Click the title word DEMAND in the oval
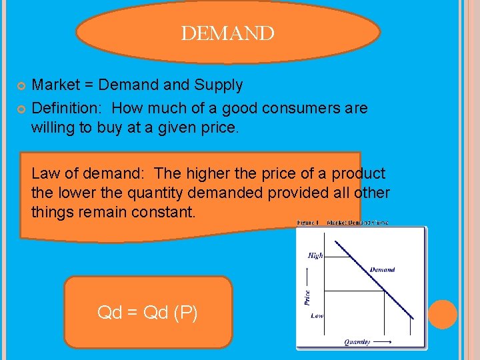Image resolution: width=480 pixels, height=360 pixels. click(227, 34)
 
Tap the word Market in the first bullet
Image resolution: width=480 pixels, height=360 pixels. click(56, 85)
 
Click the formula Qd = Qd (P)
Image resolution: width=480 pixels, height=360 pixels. click(147, 313)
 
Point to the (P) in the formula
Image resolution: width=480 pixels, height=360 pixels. click(185, 313)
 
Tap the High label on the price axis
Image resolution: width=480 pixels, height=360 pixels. click(315, 255)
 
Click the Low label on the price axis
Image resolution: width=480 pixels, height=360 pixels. click(317, 315)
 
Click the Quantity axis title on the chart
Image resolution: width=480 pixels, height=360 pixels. click(357, 342)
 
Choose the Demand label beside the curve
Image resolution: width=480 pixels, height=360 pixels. click(382, 270)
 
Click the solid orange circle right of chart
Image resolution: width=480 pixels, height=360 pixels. click(442, 314)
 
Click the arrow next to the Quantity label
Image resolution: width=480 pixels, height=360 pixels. click(382, 342)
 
